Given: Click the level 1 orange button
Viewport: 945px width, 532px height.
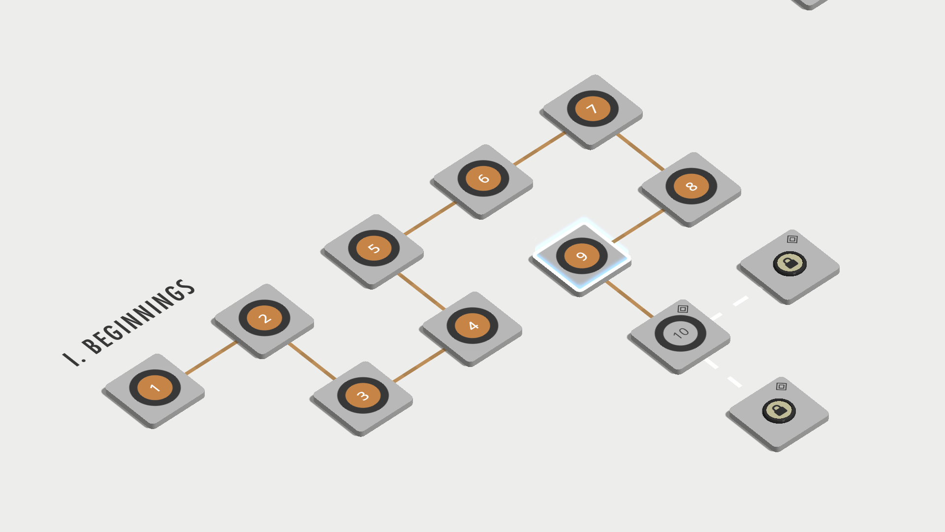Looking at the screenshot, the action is point(155,388).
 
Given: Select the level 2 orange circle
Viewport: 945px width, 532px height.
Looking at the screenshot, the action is point(264,318).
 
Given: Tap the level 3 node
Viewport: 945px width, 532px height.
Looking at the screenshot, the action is point(363,396).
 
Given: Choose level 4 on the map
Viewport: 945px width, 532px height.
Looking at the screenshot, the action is point(472,326).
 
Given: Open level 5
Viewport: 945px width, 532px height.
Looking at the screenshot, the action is point(374,248).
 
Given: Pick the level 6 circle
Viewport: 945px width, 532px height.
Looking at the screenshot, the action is point(483,178).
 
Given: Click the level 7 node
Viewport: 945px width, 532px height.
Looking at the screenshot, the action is point(593,108).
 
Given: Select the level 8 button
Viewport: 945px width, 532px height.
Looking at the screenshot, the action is point(691,186).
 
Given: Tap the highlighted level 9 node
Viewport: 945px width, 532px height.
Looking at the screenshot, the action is point(582,256).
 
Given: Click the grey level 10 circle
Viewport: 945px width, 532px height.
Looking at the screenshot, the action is point(680,333).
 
